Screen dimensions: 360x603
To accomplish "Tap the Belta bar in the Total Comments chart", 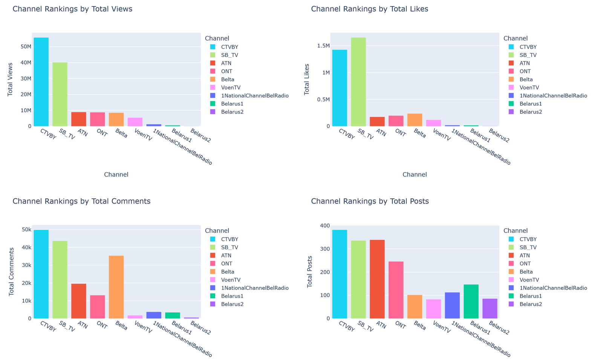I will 116,287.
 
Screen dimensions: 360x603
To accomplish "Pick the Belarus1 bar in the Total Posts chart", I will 471,301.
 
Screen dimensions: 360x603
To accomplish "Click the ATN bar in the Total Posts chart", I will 377,279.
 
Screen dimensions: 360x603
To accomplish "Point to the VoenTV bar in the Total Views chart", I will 135,122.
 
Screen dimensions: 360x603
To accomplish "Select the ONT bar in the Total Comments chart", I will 97,306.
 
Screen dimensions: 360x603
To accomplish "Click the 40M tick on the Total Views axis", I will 26,63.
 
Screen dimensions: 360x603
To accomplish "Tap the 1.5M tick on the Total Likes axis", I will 323,46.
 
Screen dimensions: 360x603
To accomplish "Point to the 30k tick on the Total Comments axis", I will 27,265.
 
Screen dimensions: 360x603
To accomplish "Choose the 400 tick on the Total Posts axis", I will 325,226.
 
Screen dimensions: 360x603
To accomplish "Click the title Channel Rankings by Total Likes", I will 369,9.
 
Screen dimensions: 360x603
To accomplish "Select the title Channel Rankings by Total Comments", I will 81,201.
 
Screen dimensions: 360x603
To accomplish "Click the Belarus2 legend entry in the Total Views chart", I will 232,112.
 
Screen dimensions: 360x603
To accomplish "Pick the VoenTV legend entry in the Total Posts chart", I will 529,280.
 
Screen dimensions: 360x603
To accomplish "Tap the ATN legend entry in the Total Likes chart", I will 525,63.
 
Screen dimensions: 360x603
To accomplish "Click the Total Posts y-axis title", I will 310,272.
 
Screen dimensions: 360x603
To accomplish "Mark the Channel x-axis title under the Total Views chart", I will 116,175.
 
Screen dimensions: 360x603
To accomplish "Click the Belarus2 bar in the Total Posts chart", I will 490,308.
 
